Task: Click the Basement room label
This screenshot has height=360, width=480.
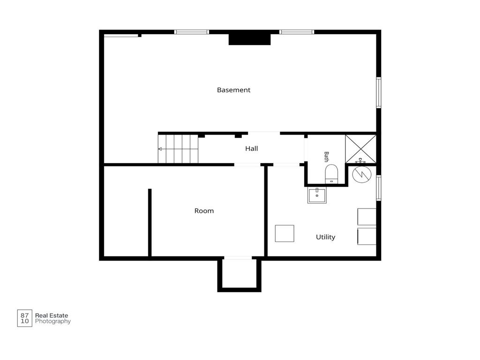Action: [x=233, y=90]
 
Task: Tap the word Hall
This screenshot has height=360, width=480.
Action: [x=251, y=149]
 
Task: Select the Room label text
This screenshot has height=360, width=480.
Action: [x=204, y=211]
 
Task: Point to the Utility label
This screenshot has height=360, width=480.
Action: [x=325, y=237]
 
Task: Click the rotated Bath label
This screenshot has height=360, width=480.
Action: [x=326, y=157]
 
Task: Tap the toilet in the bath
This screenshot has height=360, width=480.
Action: [x=331, y=174]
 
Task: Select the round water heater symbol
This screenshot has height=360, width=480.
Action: [x=362, y=174]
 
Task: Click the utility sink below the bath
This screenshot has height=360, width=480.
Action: [x=317, y=195]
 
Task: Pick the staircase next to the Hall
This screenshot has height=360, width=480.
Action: [x=178, y=149]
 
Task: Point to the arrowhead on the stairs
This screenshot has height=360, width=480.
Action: [x=160, y=149]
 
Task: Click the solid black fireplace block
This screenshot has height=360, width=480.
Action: [x=249, y=39]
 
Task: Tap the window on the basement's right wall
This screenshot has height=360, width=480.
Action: [x=379, y=92]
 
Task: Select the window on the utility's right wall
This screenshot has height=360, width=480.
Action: [x=379, y=188]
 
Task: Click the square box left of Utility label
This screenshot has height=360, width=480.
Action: [x=285, y=233]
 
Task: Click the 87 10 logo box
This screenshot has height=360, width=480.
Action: [x=24, y=318]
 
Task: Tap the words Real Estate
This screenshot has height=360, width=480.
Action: [x=52, y=315]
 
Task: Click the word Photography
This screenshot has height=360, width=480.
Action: [x=52, y=322]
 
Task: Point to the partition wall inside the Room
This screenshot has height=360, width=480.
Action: [x=150, y=223]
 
